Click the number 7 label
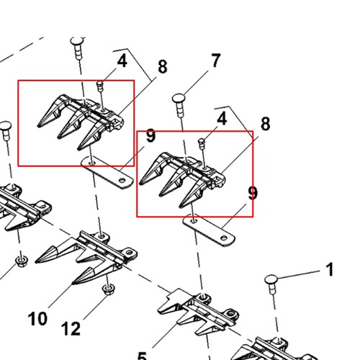click(215, 60)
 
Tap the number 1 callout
click(330, 269)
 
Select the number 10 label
click(37, 318)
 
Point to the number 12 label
click(71, 328)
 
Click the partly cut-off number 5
click(142, 356)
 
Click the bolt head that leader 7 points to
click(179, 98)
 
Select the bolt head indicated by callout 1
click(271, 279)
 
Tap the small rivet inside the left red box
click(100, 86)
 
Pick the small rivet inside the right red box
click(202, 143)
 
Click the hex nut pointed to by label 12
click(108, 289)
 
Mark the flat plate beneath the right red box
click(209, 230)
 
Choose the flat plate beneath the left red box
click(107, 172)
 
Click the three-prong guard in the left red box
click(81, 121)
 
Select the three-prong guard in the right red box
click(182, 179)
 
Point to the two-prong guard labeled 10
click(86, 257)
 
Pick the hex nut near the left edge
click(21, 261)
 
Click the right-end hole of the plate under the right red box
click(224, 238)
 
